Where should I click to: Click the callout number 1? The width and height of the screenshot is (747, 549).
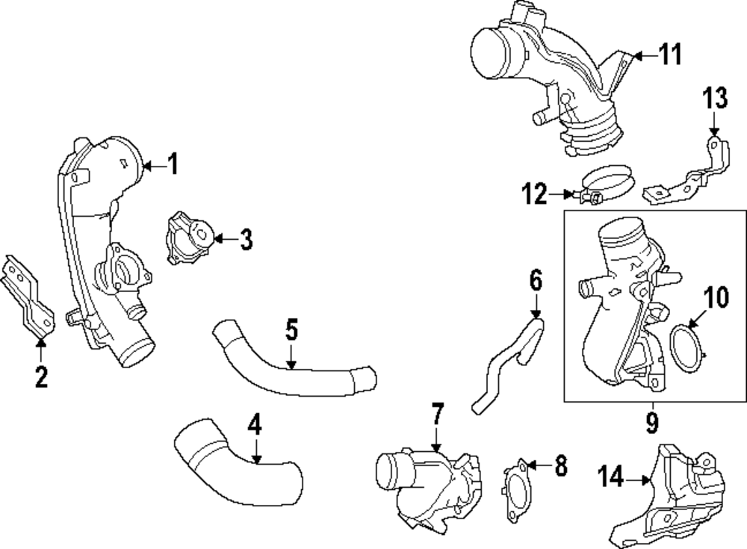coord(173,164)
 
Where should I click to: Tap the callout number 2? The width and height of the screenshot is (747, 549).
coord(41,377)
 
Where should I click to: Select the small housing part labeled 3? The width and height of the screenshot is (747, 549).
coord(190,238)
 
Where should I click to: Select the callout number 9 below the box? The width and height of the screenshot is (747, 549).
coord(651,424)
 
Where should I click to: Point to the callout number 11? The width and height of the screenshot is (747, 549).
coord(670,54)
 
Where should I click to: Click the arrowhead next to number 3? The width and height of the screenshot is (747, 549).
coord(217,239)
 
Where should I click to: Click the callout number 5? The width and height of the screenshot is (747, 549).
coord(291,328)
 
